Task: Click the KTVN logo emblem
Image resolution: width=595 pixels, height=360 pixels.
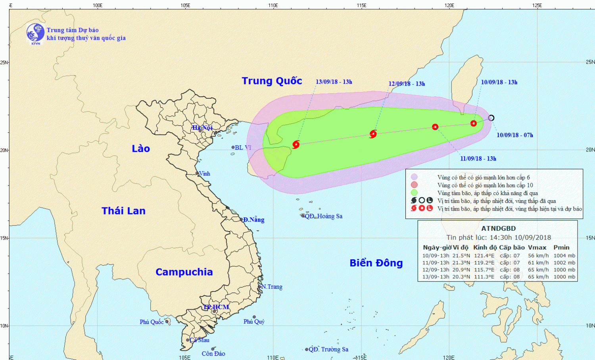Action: click(35, 33)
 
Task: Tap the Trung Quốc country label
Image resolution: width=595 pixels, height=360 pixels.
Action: click(272, 81)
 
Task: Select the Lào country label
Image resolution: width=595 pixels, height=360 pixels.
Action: click(141, 149)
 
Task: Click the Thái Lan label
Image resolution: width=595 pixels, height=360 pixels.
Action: click(123, 211)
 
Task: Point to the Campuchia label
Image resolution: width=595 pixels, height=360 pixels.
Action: click(184, 272)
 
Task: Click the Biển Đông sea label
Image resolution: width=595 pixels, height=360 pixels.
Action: click(376, 263)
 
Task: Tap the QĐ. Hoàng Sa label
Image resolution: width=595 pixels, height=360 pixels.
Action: click(323, 216)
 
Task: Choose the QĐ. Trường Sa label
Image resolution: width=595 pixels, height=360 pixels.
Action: click(328, 349)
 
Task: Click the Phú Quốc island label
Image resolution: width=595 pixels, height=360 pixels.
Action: click(152, 322)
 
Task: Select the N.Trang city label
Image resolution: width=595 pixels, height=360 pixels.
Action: click(272, 287)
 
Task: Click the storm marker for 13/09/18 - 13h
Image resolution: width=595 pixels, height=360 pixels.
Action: click(296, 144)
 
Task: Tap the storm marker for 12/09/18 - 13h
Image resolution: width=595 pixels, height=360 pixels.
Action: click(373, 134)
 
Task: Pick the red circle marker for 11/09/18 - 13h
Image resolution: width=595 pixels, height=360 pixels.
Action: click(435, 127)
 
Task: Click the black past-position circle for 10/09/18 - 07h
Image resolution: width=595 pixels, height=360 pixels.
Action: click(491, 118)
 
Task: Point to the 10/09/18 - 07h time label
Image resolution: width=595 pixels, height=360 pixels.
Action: click(514, 135)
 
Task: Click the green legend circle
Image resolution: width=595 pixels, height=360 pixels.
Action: click(414, 193)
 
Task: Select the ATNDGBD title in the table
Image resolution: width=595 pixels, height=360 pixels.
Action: click(498, 228)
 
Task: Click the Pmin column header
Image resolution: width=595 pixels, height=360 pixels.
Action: click(561, 247)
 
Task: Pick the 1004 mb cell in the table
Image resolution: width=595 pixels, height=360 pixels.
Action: click(564, 256)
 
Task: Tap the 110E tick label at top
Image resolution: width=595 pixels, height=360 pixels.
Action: click(273, 6)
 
